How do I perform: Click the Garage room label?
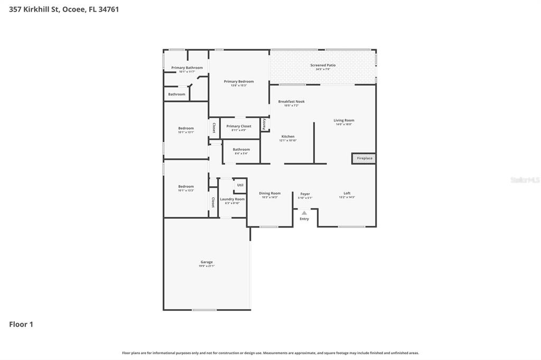[x=207, y=262]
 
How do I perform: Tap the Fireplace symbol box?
[x=364, y=158]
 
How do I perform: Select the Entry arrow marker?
[x=304, y=213]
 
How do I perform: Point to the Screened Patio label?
[x=323, y=65]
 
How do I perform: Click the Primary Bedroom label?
[x=239, y=81]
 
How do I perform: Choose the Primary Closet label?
[x=239, y=126]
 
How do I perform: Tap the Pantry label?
[x=264, y=124]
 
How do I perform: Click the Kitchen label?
[x=288, y=136]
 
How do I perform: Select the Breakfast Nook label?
[x=292, y=101]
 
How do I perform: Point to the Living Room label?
[x=344, y=120]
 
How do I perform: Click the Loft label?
[x=347, y=193]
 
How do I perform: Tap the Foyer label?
[x=305, y=194]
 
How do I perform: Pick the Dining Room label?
[x=269, y=193]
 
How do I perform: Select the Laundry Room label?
[x=232, y=199]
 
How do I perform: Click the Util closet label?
[x=240, y=185]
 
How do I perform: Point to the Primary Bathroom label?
[x=187, y=68]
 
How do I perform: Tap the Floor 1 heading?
[x=21, y=324]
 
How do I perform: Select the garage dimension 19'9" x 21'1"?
[x=207, y=266]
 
